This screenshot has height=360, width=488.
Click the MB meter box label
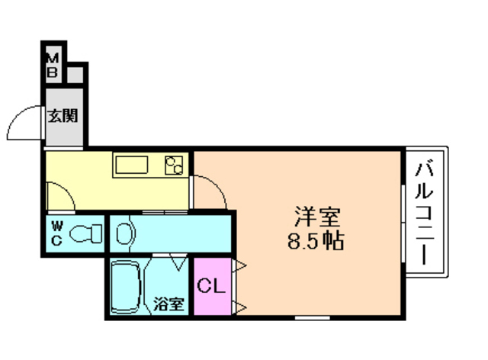point(53,66)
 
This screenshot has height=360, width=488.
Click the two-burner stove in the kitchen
point(174,164)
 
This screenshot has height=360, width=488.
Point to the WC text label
point(57,233)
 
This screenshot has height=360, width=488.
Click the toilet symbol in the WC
point(85,233)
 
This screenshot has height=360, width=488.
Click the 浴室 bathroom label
point(169,304)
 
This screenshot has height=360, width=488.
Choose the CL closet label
point(210,287)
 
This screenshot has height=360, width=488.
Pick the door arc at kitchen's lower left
point(61,197)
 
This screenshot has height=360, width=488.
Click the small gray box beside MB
point(75,75)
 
